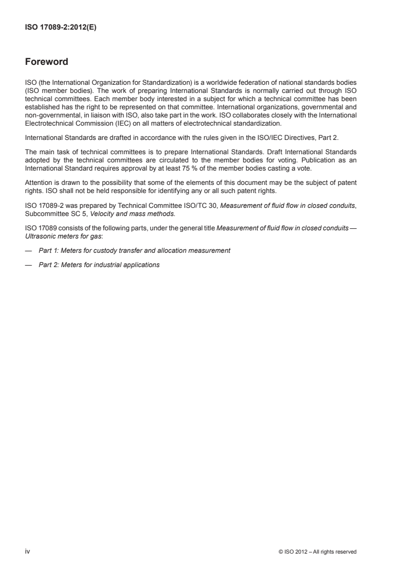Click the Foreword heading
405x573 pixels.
tap(46, 63)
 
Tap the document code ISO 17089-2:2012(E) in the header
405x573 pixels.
tap(61, 29)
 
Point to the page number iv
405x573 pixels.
tap(28, 551)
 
